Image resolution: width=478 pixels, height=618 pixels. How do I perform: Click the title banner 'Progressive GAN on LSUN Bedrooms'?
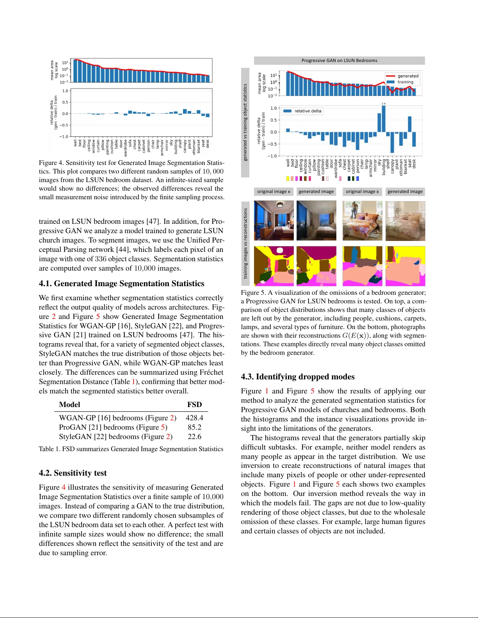339,60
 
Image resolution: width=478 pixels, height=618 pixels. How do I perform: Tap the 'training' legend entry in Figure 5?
405,82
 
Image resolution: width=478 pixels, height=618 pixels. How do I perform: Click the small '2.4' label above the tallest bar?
384,104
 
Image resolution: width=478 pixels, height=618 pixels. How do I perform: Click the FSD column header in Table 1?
194,405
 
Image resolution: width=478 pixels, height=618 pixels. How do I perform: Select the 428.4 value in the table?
194,418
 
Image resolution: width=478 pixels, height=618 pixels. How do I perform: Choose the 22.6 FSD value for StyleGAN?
194,437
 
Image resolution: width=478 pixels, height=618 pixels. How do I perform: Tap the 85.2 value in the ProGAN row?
194,427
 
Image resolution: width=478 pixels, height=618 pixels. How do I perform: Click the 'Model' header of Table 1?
69,405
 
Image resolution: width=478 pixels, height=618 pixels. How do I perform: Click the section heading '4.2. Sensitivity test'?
73,473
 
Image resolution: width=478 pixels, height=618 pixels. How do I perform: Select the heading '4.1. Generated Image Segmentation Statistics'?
121,283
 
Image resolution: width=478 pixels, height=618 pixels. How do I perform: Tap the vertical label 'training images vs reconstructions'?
245,243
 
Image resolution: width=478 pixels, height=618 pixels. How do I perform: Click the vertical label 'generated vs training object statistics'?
245,122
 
